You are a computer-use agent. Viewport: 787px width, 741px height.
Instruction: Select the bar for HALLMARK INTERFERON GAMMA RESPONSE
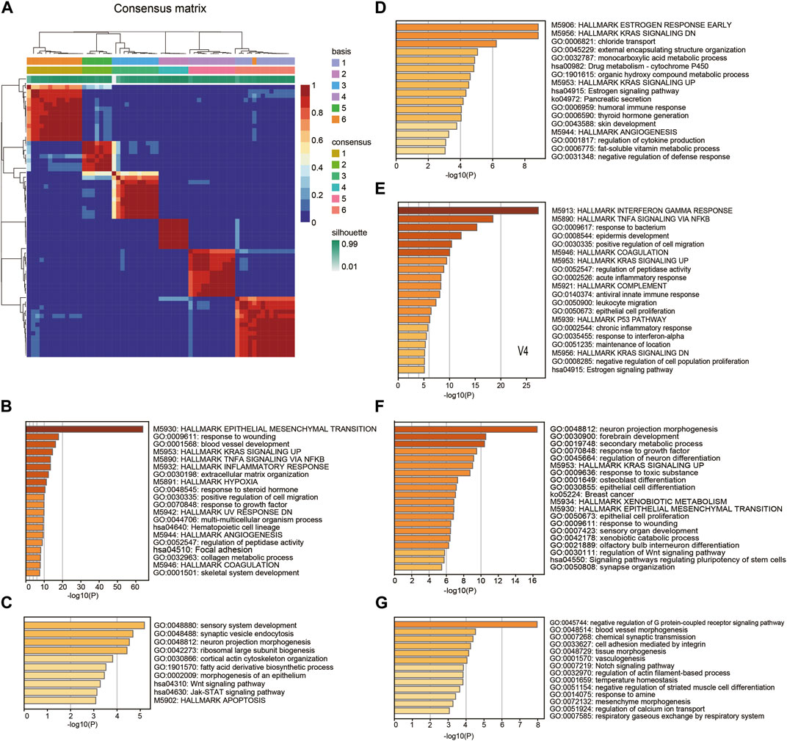(468, 210)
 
